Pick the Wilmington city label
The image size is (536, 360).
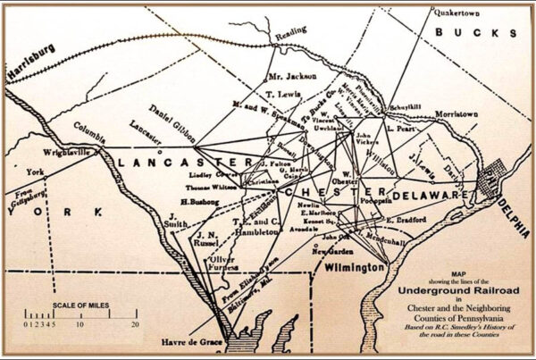355,267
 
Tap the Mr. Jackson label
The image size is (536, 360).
292,77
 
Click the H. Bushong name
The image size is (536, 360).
198,202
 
